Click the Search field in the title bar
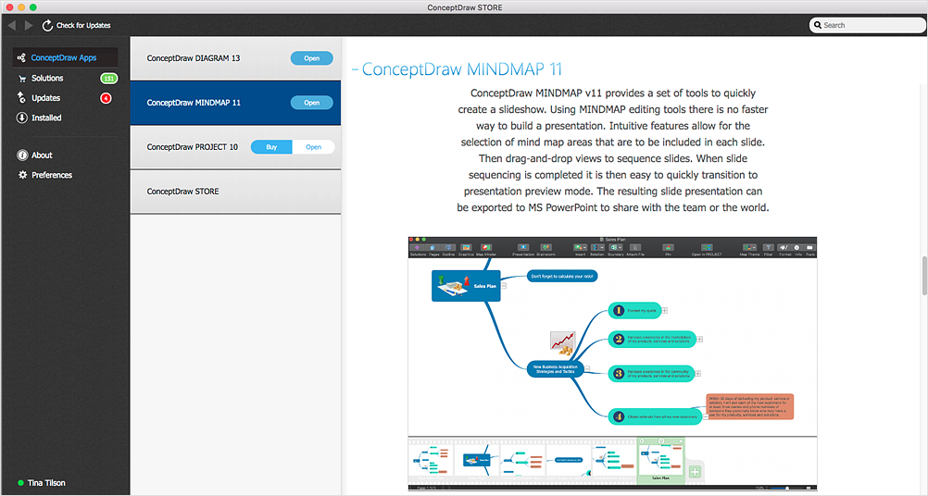tap(866, 25)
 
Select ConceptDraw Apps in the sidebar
tap(63, 57)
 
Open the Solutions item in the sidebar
tap(47, 79)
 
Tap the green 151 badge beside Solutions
tap(108, 79)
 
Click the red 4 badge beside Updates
tap(106, 98)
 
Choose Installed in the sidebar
tap(46, 118)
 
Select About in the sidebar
tap(42, 155)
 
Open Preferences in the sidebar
tap(51, 175)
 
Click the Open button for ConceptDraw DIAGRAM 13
tap(312, 58)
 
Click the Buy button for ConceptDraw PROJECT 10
tap(271, 147)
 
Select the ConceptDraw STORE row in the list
tap(235, 192)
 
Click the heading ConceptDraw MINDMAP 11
tap(461, 69)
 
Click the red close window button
tap(7, 6)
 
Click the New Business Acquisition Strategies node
tap(556, 369)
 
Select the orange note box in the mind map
tap(749, 407)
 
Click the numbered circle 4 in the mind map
tap(618, 416)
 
